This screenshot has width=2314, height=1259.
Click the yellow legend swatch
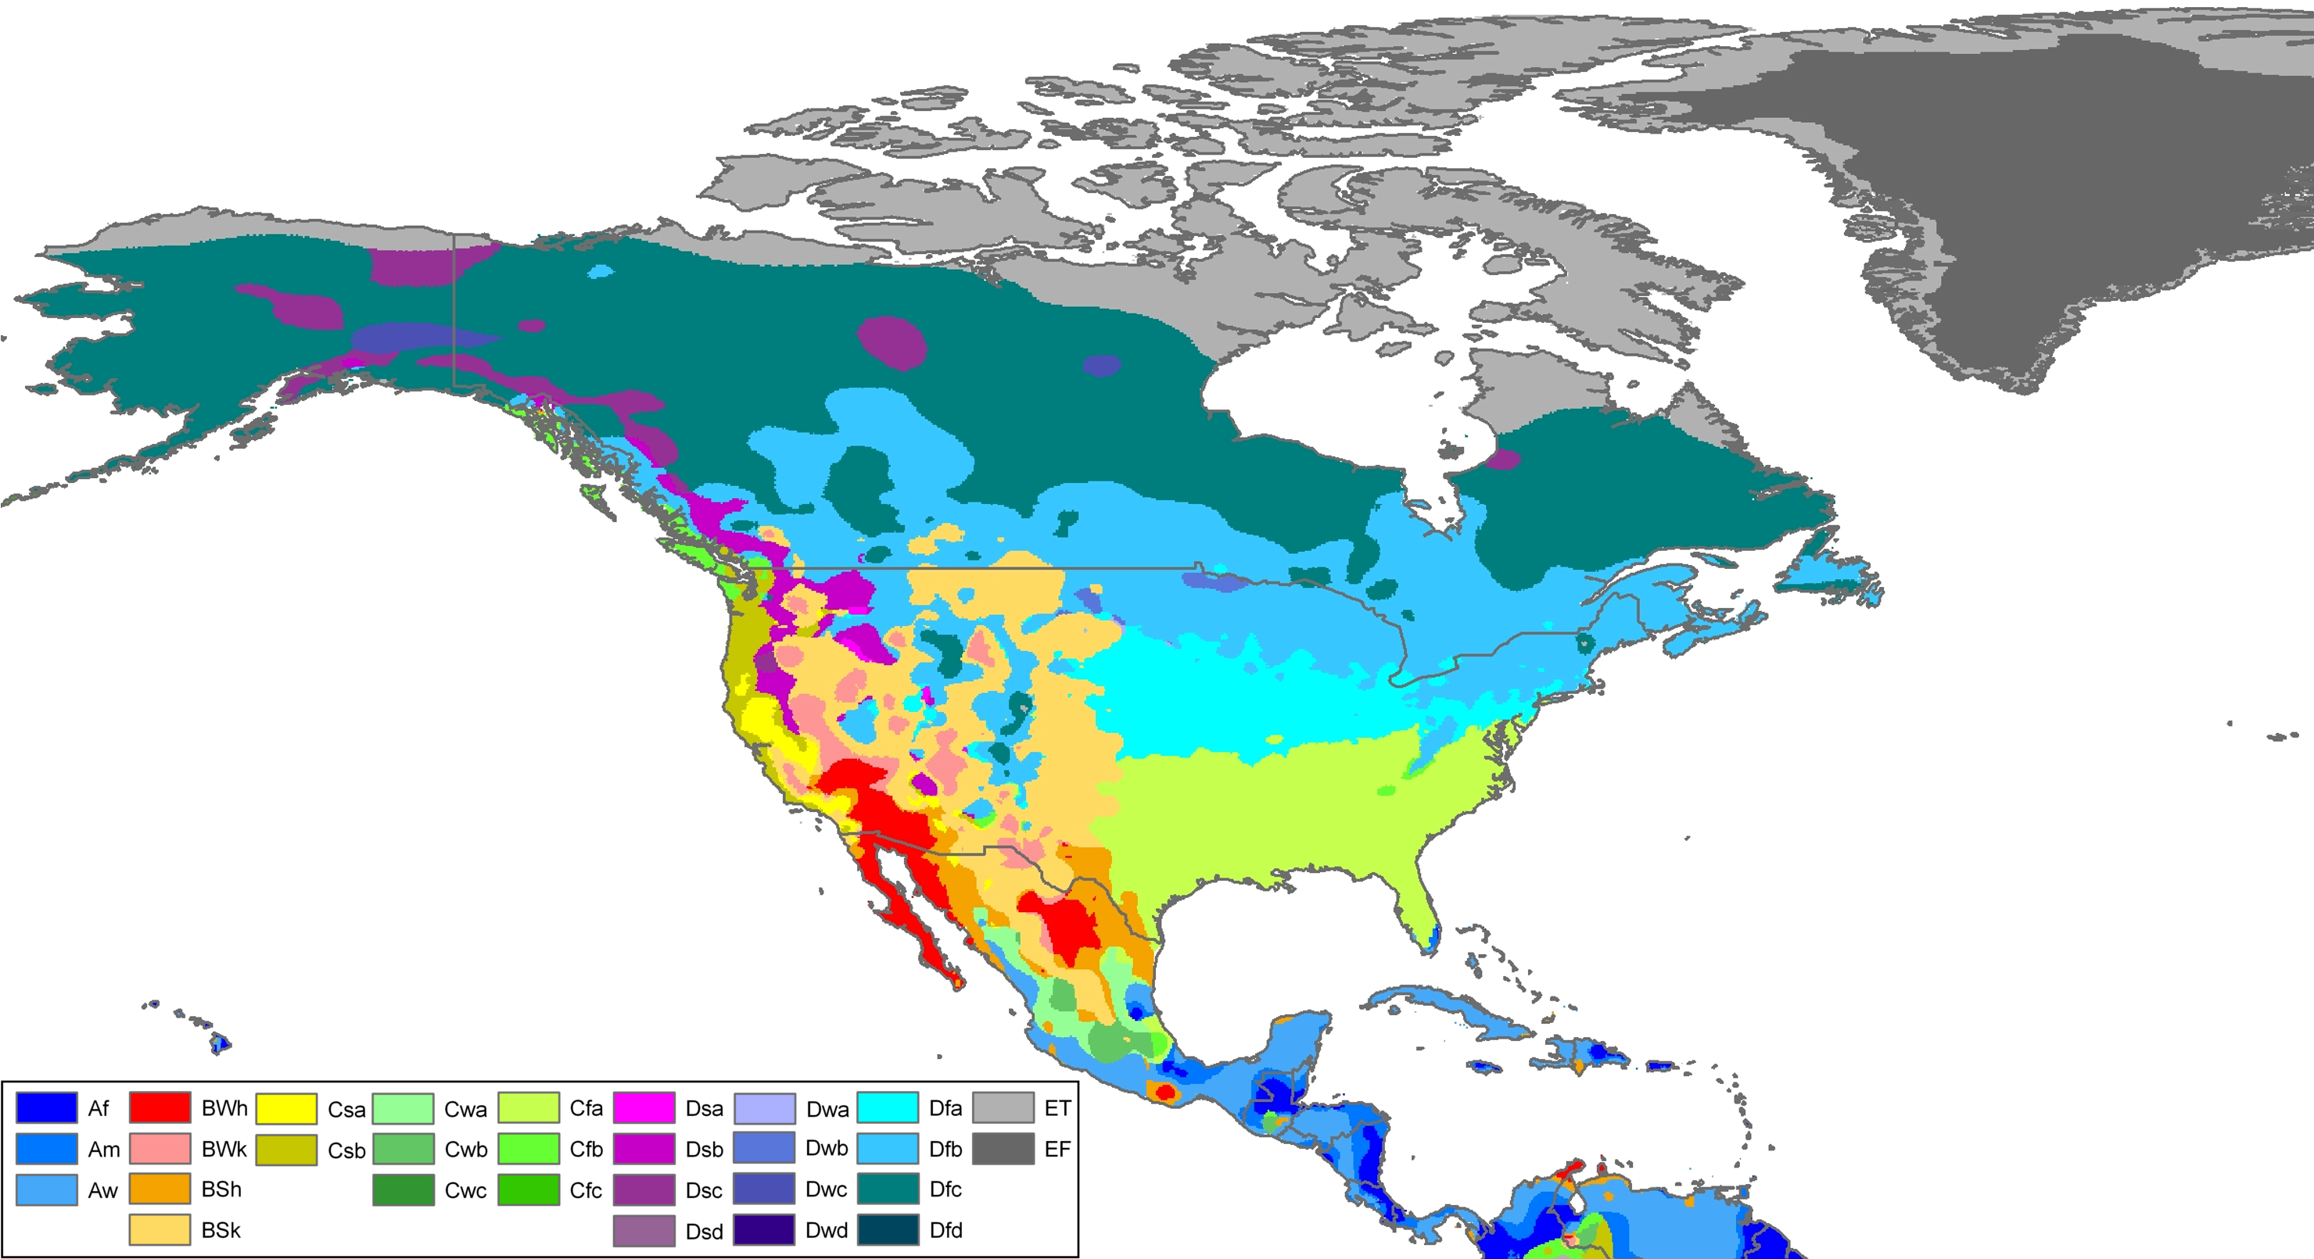point(285,1108)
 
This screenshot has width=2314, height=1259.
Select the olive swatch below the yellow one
point(285,1150)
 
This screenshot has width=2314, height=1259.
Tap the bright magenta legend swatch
point(644,1108)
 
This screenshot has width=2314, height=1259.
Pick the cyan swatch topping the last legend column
point(888,1108)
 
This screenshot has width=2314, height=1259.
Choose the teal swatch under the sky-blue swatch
point(888,1189)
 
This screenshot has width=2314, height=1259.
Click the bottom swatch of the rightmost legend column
point(888,1229)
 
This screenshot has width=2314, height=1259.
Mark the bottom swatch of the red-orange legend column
point(160,1229)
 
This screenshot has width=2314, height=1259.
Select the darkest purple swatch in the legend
point(644,1229)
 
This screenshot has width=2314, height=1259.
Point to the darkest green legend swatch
point(404,1189)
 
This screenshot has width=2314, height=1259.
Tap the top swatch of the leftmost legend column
point(47,1108)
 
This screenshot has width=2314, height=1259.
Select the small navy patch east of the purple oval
point(1102,366)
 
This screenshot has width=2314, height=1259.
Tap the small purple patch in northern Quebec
point(1503,460)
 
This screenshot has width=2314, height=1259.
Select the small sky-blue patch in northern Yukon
point(601,270)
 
